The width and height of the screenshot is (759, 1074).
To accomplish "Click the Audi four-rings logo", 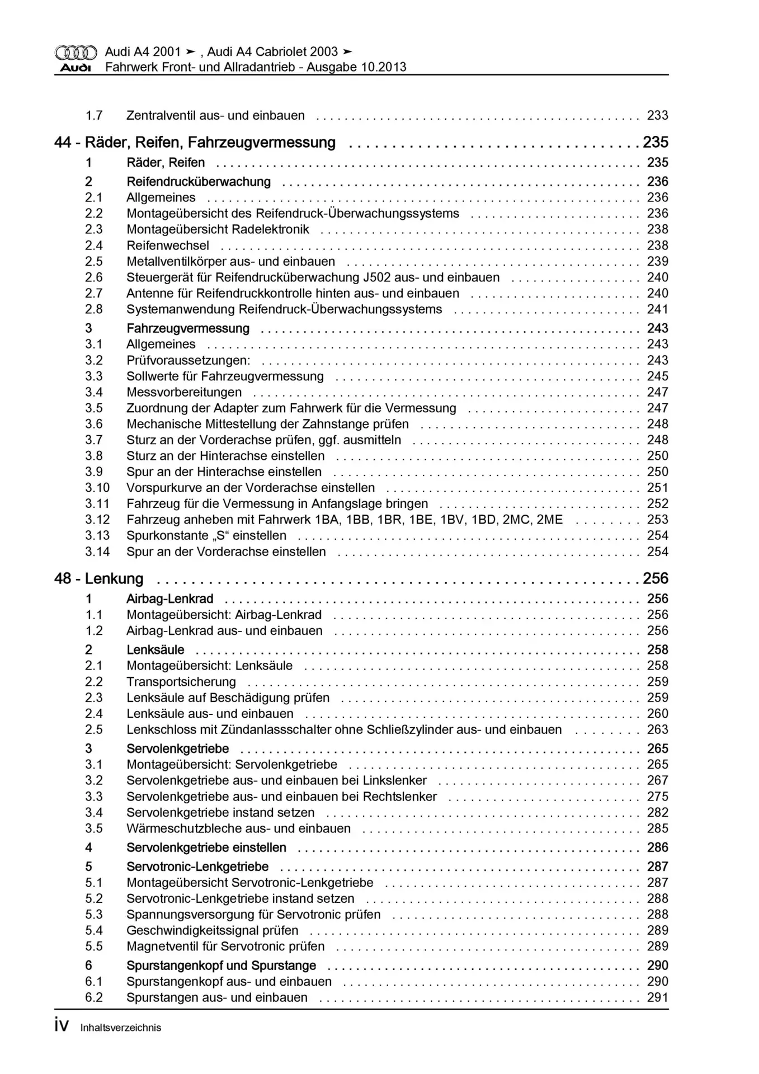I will click(x=76, y=53).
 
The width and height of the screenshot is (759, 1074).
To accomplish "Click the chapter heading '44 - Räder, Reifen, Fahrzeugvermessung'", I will click(x=195, y=143).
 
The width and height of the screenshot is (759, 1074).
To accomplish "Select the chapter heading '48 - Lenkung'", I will click(x=98, y=578).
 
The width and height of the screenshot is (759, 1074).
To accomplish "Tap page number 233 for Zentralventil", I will click(x=657, y=116).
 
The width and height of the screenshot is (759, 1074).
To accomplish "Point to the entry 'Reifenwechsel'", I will click(x=168, y=246).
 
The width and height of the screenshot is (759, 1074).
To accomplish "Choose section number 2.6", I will click(x=94, y=277).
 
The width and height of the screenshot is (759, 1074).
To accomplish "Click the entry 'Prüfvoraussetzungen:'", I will click(x=188, y=360).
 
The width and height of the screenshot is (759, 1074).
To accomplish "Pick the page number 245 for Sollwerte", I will click(x=657, y=376).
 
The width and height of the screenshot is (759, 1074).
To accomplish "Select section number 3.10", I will click(x=97, y=488).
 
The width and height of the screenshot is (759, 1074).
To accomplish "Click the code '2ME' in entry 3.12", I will click(x=549, y=520).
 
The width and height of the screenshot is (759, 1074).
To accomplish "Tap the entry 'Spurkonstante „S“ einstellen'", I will click(x=206, y=536).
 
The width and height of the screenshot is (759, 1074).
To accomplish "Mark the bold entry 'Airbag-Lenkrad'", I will click(x=170, y=599).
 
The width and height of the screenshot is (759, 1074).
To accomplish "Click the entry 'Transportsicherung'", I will click(x=181, y=682).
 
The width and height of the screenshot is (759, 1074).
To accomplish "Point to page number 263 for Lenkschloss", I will click(x=657, y=730).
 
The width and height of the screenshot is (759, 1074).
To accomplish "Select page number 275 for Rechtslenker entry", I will click(x=657, y=797).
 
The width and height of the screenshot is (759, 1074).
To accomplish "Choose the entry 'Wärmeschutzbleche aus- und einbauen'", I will click(x=238, y=828).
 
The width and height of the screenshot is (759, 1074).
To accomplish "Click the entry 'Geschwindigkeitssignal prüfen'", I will click(x=212, y=931).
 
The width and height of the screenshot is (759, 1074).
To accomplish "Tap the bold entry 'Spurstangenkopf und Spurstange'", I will click(x=221, y=965).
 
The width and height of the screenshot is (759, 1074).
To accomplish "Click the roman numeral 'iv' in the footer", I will click(x=62, y=1026).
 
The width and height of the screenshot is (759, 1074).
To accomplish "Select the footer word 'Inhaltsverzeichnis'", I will click(x=121, y=1028).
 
